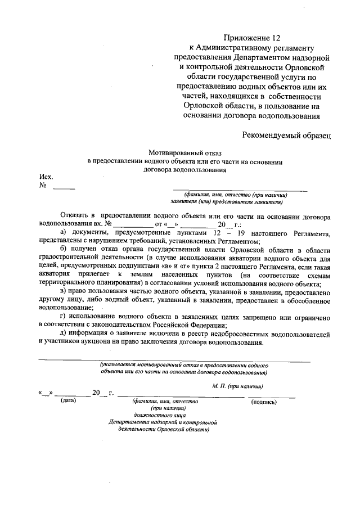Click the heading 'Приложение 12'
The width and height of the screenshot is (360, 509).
coord(251,38)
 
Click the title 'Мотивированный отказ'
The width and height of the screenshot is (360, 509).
coord(186,152)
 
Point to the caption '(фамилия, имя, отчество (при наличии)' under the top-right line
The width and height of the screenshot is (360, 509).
coord(240,194)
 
